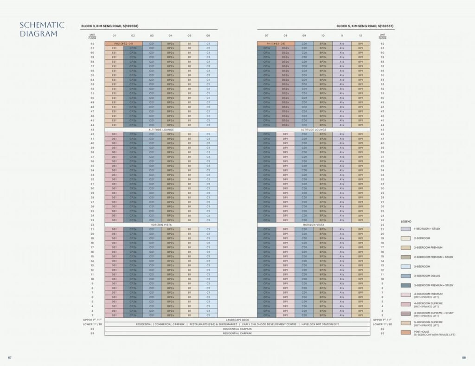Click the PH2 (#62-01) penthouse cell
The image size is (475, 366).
(123, 44)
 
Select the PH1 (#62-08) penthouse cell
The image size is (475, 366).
(276, 44)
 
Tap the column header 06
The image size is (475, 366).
(208, 35)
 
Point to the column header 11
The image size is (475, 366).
(342, 35)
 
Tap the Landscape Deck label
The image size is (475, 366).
(237, 320)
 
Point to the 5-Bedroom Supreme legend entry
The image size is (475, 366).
(426, 323)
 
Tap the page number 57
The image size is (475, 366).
(10, 357)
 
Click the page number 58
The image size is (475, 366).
(464, 357)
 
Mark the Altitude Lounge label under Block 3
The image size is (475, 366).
(161, 129)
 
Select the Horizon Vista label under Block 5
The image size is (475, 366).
(314, 225)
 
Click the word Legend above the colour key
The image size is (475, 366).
(406, 221)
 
